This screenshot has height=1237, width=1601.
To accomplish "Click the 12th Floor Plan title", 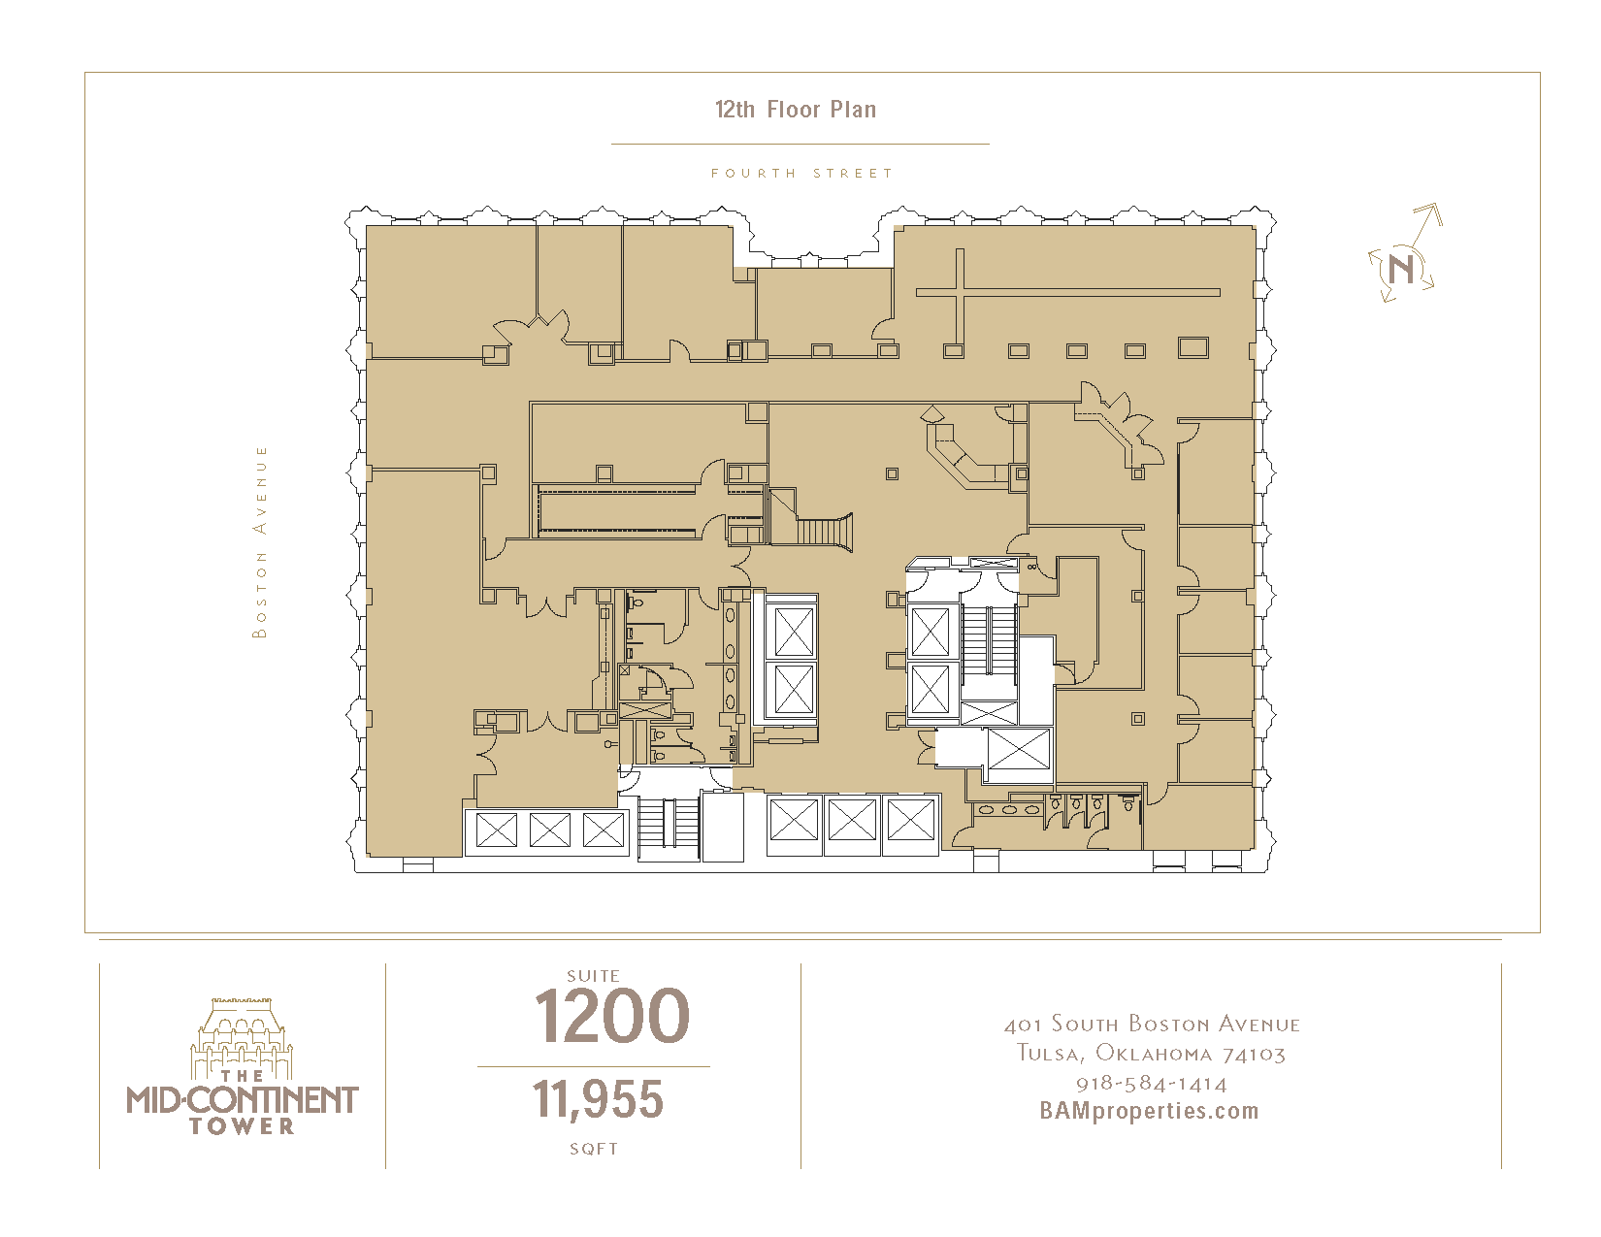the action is (x=796, y=110).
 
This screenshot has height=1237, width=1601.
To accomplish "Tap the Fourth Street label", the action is (x=801, y=173).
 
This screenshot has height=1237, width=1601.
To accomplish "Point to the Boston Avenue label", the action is (x=259, y=541).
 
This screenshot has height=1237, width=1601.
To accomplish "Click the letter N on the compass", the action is (x=1400, y=269).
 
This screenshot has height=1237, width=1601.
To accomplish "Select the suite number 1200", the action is (x=611, y=1016).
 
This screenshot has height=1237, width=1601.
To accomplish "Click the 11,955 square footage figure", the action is (x=598, y=1099).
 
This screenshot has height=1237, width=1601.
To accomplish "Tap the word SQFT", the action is (x=594, y=1149).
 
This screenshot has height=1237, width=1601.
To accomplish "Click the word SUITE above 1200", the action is (x=593, y=975).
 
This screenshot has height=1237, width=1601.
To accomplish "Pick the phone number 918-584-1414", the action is (x=1152, y=1083).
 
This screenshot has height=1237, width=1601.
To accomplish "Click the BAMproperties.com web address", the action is (x=1150, y=1111).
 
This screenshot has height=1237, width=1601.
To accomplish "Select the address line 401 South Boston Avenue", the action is (x=1153, y=1024).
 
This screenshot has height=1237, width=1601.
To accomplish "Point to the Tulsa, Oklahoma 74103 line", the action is (x=1152, y=1053).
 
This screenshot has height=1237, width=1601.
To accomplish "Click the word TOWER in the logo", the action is (x=243, y=1126).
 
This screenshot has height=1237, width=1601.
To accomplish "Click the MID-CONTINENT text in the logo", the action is (x=243, y=1099).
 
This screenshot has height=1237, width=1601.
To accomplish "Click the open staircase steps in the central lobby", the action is (x=824, y=532).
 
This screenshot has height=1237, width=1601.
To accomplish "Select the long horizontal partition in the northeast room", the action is (x=1068, y=292).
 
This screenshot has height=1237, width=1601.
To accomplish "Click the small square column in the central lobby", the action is (x=893, y=473).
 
